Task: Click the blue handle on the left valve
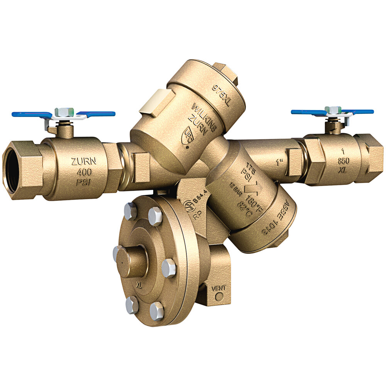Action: pyautogui.click(x=31, y=115)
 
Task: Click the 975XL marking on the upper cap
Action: pyautogui.click(x=223, y=93)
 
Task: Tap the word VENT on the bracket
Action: pyautogui.click(x=219, y=288)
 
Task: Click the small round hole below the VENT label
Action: pyautogui.click(x=219, y=297)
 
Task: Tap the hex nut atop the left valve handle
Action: pyautogui.click(x=62, y=112)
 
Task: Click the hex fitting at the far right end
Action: pyautogui.click(x=369, y=153)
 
